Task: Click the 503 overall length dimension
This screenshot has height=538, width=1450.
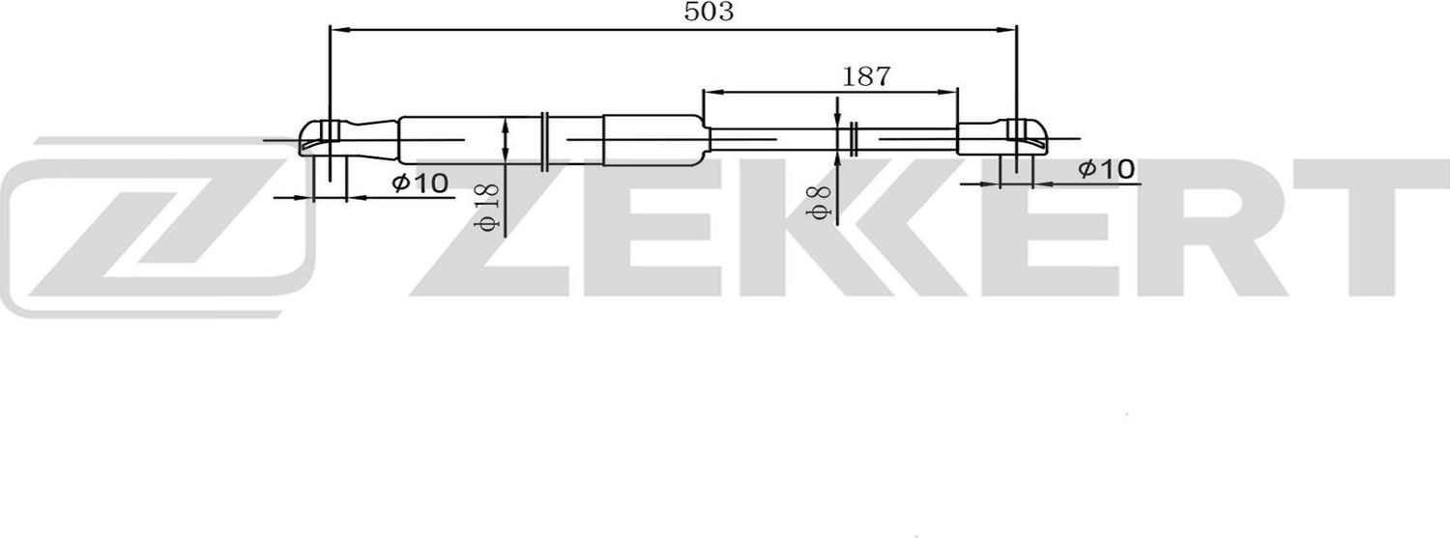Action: [x=709, y=13]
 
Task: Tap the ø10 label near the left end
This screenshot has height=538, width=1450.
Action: [x=420, y=182]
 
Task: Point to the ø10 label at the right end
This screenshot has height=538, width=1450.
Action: [x=1106, y=170]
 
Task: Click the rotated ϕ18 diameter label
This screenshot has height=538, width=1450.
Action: [x=487, y=207]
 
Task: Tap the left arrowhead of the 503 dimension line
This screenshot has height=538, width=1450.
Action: [x=337, y=30]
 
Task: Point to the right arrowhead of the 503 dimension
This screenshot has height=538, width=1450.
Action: [x=1009, y=30]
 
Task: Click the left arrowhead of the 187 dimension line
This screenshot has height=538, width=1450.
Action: [x=710, y=93]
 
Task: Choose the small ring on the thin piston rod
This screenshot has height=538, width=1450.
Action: [x=854, y=140]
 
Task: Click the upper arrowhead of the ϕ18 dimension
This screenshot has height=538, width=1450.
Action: [x=506, y=124]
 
